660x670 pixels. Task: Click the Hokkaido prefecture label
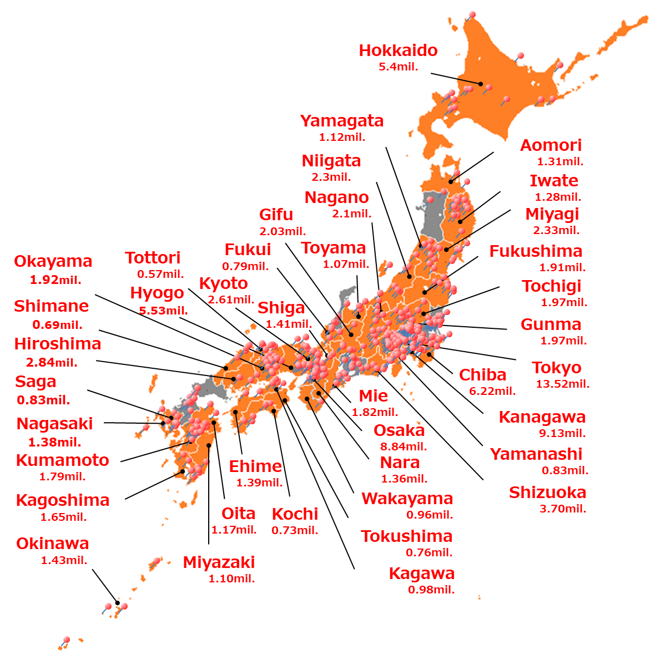tap(398, 50)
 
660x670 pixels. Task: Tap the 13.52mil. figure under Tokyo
tap(562, 384)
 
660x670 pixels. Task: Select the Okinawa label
tap(53, 544)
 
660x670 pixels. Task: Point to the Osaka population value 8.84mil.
tap(403, 446)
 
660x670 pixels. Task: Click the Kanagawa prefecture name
tap(542, 417)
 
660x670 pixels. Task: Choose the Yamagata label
tap(342, 121)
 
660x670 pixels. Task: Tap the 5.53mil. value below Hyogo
tap(163, 311)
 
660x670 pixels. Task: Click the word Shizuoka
tap(547, 493)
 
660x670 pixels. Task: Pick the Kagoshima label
tap(63, 500)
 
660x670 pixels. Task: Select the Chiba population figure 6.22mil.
tap(492, 391)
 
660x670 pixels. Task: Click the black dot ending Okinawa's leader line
tap(117, 602)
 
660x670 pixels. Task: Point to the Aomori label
tap(551, 145)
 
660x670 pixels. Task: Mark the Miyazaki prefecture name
tap(219, 562)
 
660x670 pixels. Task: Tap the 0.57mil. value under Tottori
tap(160, 274)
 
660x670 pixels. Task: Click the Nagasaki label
tap(55, 424)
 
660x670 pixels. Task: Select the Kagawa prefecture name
tap(421, 573)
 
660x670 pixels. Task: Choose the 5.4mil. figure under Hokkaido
tap(398, 67)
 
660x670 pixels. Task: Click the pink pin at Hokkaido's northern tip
tap(472, 15)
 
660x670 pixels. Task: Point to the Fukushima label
tap(536, 251)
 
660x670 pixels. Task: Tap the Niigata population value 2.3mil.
tap(331, 177)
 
